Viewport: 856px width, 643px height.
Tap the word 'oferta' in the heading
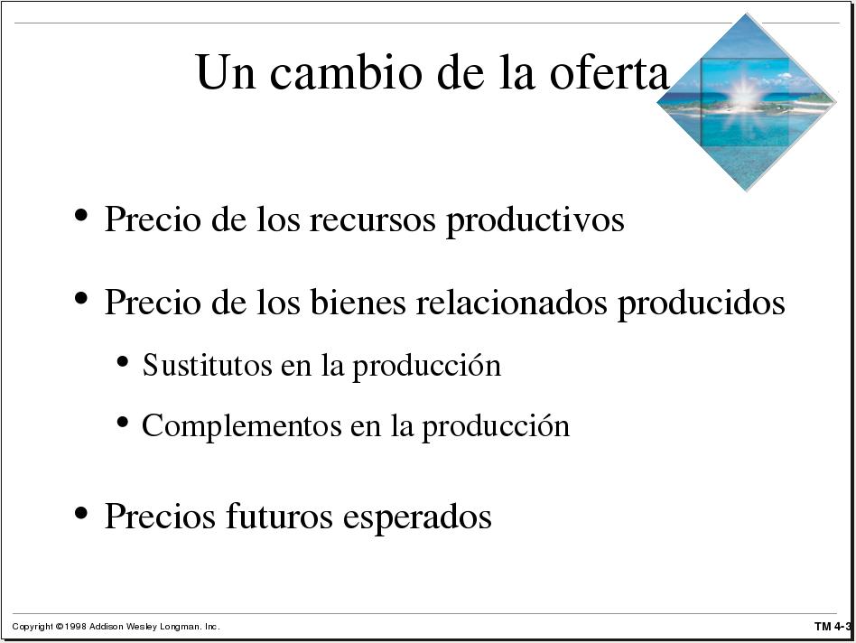609,72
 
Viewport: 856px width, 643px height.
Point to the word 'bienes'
358,302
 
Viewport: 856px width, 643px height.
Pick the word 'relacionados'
512,302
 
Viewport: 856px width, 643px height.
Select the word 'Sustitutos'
207,365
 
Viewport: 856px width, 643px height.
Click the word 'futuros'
278,516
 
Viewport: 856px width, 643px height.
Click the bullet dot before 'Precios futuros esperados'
81,513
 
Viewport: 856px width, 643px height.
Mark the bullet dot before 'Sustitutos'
122,361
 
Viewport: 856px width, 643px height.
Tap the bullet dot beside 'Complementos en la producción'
122,422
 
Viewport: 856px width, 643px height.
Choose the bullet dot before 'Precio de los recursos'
81,215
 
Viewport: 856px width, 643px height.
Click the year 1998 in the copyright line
75,627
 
